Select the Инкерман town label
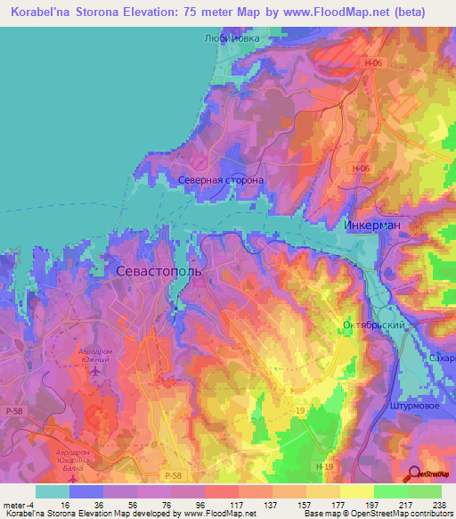click(371, 226)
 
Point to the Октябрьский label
click(373, 326)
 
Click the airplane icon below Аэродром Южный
click(95, 371)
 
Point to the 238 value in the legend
click(437, 505)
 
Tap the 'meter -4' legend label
click(20, 505)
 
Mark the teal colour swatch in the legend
click(52, 491)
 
